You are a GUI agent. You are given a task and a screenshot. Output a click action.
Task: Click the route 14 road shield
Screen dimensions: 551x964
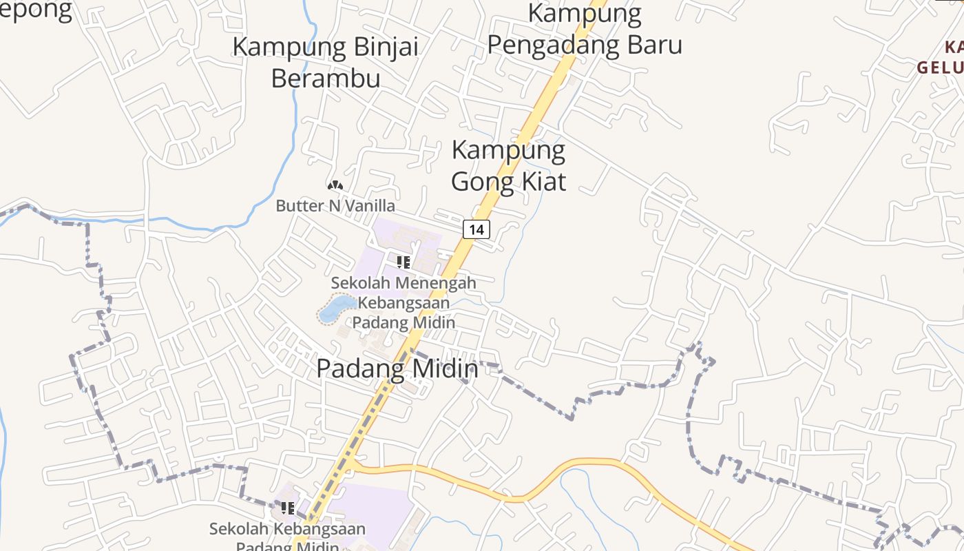476,229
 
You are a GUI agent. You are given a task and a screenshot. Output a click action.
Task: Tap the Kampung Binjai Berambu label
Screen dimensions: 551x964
326,62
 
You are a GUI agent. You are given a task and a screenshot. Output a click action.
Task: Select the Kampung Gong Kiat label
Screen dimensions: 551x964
508,165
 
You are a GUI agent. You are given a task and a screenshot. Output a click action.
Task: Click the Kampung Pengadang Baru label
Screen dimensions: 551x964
585,29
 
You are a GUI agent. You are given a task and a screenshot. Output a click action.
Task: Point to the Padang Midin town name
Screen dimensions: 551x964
397,368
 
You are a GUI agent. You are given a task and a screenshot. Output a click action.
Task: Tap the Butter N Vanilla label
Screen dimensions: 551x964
335,205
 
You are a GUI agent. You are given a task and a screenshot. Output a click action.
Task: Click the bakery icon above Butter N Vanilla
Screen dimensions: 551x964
335,185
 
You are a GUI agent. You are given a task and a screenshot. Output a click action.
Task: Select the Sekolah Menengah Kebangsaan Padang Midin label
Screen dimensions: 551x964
404,302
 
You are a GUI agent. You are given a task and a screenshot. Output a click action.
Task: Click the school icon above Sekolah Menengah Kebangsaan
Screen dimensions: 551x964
404,262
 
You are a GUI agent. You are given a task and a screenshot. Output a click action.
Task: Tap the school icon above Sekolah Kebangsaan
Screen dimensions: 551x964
288,508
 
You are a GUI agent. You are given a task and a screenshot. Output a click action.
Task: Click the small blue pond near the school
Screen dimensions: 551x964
337,308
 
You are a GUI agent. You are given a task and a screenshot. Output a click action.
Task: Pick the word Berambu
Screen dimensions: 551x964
326,78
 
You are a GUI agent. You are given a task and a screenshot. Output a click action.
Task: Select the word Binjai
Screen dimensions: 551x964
386,47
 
